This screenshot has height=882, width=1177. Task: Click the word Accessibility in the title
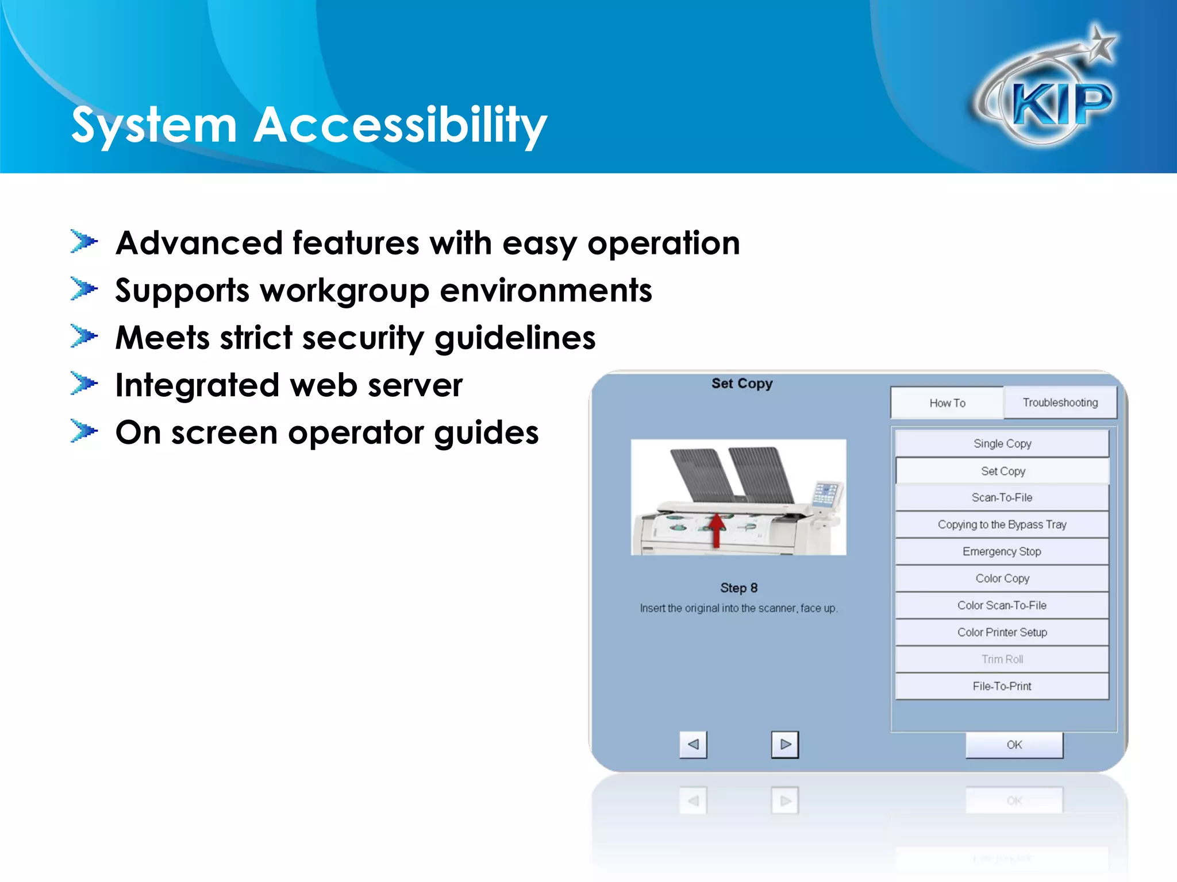pyautogui.click(x=401, y=125)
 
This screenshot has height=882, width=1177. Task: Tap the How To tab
pyautogui.click(x=947, y=403)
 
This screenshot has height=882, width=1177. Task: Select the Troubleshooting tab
pyautogui.click(x=1060, y=403)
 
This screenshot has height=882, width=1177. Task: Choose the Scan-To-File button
pyautogui.click(x=1002, y=498)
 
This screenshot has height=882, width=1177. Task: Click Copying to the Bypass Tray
pyautogui.click(x=1002, y=525)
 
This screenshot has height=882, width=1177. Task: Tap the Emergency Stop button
pyautogui.click(x=1002, y=552)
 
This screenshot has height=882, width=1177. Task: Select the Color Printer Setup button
pyautogui.click(x=1002, y=632)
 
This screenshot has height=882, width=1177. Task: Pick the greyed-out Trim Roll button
pyautogui.click(x=1002, y=659)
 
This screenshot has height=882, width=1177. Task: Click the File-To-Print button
pyautogui.click(x=1002, y=686)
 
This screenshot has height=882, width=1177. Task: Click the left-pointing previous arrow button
pyautogui.click(x=693, y=745)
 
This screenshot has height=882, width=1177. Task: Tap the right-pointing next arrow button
pyautogui.click(x=785, y=745)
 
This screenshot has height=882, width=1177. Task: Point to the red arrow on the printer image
pyautogui.click(x=716, y=529)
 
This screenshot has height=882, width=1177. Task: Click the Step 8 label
pyautogui.click(x=738, y=588)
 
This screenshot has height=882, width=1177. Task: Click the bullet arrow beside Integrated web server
pyautogui.click(x=84, y=384)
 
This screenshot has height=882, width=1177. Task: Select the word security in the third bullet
pyautogui.click(x=363, y=338)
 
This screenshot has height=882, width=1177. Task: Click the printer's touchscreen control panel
pyautogui.click(x=826, y=493)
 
